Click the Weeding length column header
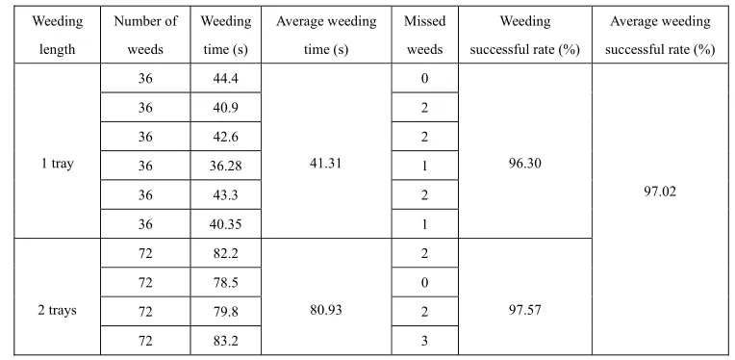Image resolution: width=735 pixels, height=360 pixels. (57, 36)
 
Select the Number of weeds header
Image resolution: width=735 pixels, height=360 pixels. (145, 36)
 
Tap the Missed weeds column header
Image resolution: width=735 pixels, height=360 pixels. (424, 36)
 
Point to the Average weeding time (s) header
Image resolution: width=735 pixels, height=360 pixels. (326, 36)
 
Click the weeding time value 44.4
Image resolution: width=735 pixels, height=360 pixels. (225, 78)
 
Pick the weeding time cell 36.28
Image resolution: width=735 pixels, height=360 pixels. (225, 166)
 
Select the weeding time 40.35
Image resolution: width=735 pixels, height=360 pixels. (225, 224)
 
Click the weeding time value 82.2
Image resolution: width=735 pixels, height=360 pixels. (225, 253)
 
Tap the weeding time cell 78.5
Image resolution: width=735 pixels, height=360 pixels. (225, 283)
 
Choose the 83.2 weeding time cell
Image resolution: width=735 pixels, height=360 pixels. (225, 341)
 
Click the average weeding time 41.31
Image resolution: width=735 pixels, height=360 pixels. (326, 163)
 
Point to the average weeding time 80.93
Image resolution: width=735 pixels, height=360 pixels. (326, 310)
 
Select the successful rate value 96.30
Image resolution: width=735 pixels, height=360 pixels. (525, 163)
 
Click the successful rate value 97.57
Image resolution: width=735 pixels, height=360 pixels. (525, 310)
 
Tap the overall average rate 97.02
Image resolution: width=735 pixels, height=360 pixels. (660, 193)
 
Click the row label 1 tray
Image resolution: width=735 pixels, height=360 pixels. (57, 165)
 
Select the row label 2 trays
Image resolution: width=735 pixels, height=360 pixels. (57, 311)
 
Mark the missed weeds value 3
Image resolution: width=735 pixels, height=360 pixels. (424, 341)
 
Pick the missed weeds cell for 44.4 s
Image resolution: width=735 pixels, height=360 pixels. (424, 78)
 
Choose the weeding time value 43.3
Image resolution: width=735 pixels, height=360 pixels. (225, 195)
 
